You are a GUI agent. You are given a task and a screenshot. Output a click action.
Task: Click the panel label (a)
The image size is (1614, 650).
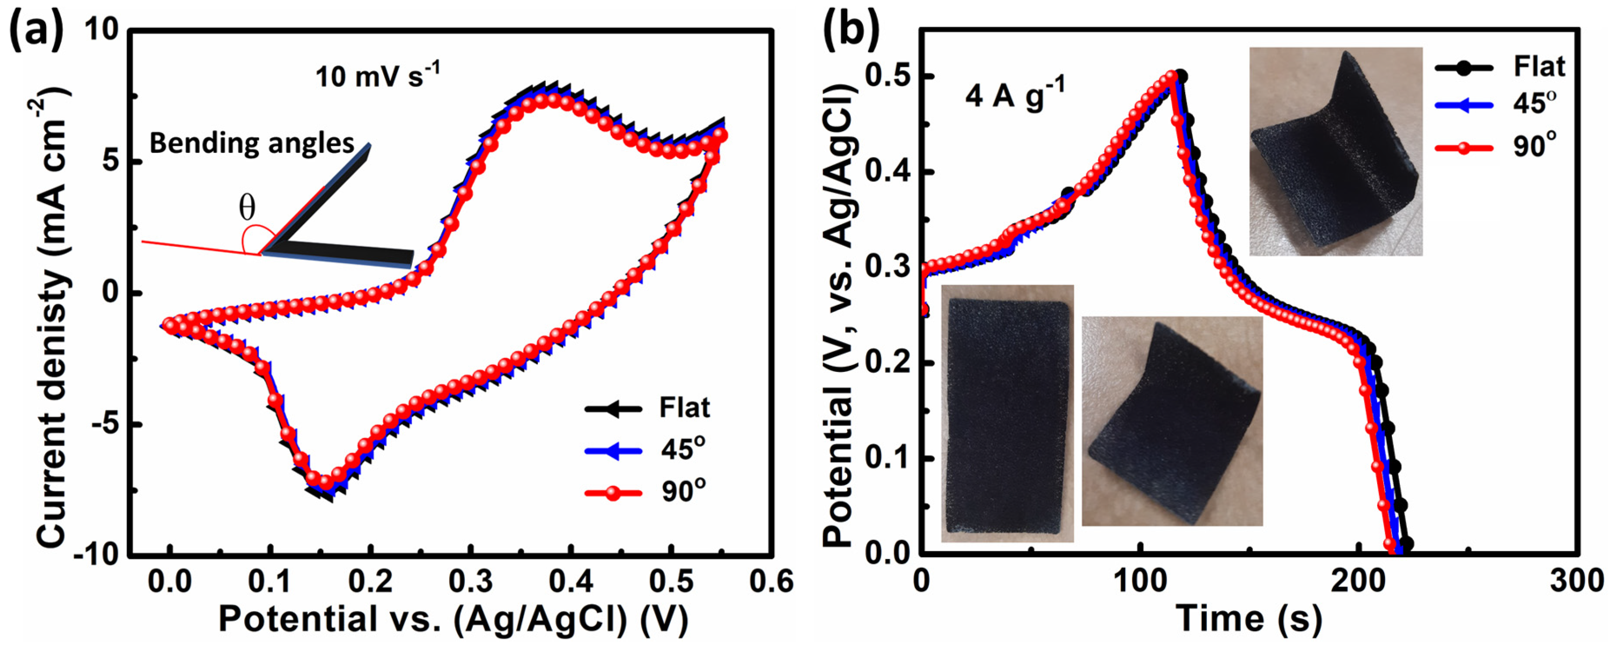pyautogui.click(x=36, y=30)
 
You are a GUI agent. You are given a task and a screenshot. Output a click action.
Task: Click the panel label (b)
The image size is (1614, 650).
pyautogui.click(x=851, y=30)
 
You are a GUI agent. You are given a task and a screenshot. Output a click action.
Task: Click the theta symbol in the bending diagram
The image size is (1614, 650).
pyautogui.click(x=247, y=207)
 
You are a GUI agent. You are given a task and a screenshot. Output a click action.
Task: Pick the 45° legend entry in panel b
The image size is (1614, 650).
pyautogui.click(x=1535, y=103)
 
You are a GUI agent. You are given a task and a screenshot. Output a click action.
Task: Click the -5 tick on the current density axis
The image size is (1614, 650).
pyautogui.click(x=105, y=425)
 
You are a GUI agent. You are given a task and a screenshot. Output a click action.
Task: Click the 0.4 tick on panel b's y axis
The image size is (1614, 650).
pyautogui.click(x=888, y=172)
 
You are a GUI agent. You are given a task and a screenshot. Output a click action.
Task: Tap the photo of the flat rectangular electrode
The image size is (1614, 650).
pyautogui.click(x=1007, y=413)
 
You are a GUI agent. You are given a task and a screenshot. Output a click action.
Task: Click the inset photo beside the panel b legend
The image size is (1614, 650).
pyautogui.click(x=1335, y=152)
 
